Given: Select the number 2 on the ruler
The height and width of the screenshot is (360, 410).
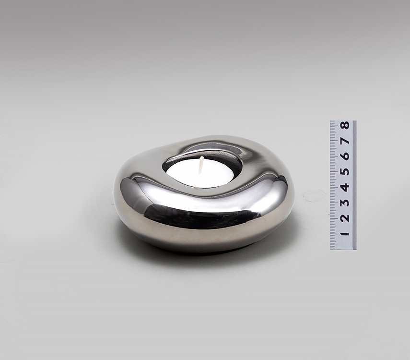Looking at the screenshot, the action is pyautogui.click(x=345, y=218).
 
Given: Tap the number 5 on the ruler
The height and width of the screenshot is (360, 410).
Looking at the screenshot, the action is pyautogui.click(x=345, y=172).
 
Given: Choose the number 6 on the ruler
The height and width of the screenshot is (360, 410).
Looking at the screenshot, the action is pyautogui.click(x=345, y=156).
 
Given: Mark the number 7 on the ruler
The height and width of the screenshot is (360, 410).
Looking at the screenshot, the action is pyautogui.click(x=345, y=141).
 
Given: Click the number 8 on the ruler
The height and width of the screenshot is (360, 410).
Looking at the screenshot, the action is pyautogui.click(x=345, y=125).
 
